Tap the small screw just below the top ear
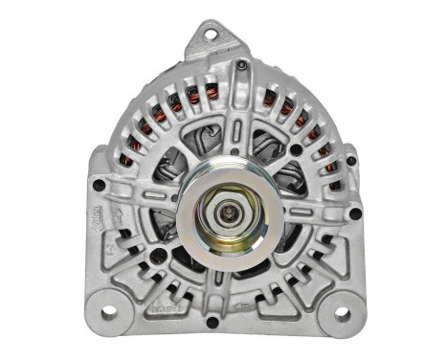tap(242, 65)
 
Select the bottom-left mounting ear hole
tap(107, 311)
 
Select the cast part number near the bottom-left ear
tap(164, 312)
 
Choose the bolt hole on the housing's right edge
tap(355, 214)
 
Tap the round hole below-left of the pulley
tap(156, 256)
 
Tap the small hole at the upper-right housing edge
tap(350, 160)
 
